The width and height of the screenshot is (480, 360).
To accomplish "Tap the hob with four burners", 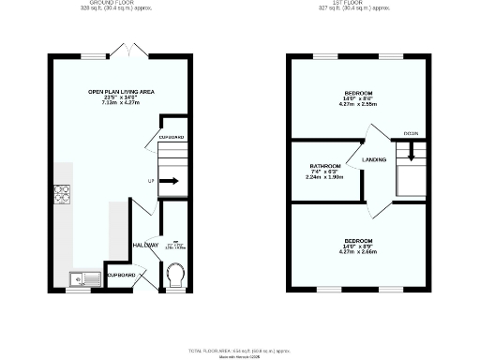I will pos(64,194).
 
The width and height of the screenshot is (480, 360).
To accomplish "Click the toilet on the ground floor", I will pos(174,276).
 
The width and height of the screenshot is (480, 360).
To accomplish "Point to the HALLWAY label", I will pos(145,246).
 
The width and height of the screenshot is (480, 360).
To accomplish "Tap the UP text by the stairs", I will pos(151,181).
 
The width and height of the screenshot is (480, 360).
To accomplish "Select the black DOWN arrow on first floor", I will pos(411,153).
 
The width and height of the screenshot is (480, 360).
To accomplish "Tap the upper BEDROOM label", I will pos(358,94).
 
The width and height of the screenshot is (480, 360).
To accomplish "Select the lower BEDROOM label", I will pos(358,241).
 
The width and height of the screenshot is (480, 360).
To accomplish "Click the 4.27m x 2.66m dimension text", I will pos(358,252).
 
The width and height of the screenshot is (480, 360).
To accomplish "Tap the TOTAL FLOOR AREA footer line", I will pos(240,350).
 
